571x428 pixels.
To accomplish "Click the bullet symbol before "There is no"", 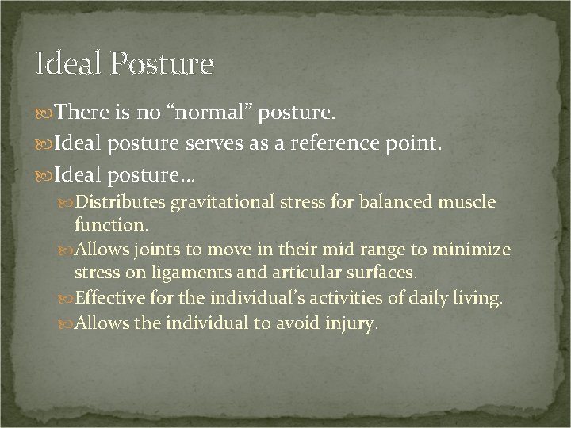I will click(x=40, y=116).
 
